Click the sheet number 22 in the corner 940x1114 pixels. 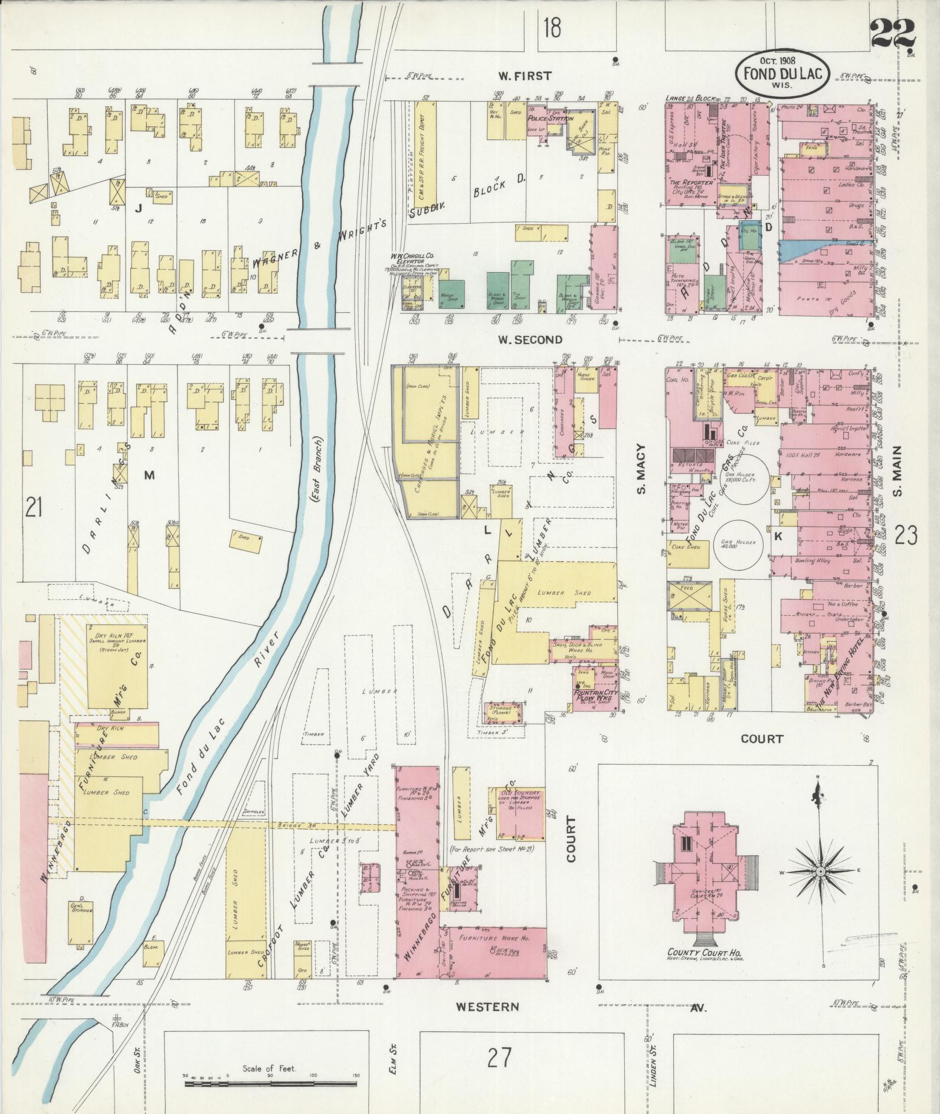[x=892, y=35]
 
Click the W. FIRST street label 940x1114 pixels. [x=524, y=76]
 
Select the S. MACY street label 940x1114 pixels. [x=641, y=469]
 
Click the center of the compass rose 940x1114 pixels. [x=820, y=871]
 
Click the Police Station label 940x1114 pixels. [x=550, y=118]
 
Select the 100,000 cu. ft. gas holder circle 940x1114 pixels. [x=746, y=479]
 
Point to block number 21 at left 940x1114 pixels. [x=34, y=507]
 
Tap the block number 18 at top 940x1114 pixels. [x=552, y=28]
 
